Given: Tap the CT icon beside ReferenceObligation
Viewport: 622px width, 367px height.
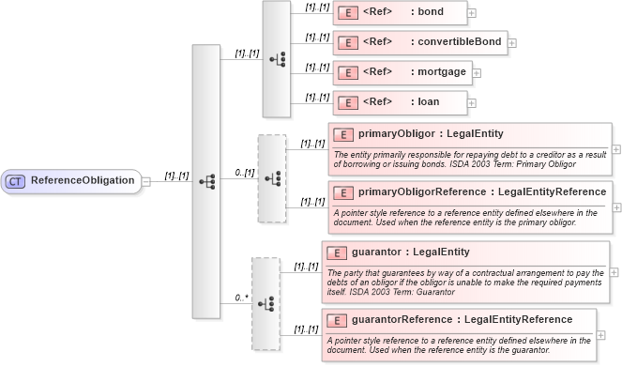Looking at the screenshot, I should [x=17, y=180].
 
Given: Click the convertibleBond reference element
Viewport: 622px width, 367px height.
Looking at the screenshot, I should [x=419, y=42].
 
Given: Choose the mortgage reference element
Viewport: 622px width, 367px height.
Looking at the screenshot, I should [x=401, y=72].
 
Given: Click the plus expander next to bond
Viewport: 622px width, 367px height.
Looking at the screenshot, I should [x=472, y=13].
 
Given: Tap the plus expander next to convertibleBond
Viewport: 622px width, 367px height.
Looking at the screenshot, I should [x=512, y=43].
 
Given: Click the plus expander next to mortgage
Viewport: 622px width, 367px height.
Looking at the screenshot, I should [x=476, y=73].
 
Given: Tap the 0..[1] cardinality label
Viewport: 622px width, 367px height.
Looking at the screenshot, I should [x=244, y=173].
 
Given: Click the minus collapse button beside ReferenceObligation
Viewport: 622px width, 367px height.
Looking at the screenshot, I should [x=146, y=180].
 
